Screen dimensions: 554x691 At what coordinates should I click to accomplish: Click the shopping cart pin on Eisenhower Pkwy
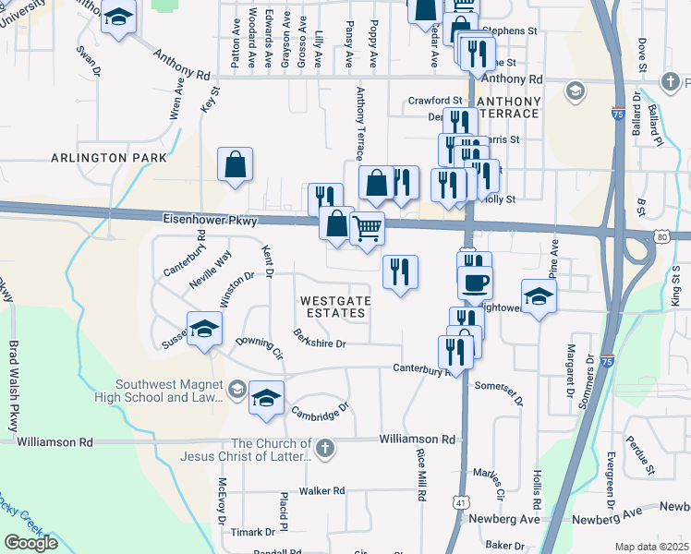(368, 228)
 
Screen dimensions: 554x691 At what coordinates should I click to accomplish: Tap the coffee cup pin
(475, 283)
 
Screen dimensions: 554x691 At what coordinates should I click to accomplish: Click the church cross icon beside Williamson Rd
(323, 450)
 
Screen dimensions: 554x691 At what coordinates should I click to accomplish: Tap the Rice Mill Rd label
(421, 475)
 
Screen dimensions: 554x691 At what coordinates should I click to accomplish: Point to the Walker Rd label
(321, 490)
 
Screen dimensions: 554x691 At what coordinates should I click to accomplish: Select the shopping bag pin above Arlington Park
(236, 166)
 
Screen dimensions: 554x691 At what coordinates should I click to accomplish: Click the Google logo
(31, 543)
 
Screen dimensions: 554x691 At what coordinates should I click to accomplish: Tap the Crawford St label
(434, 100)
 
